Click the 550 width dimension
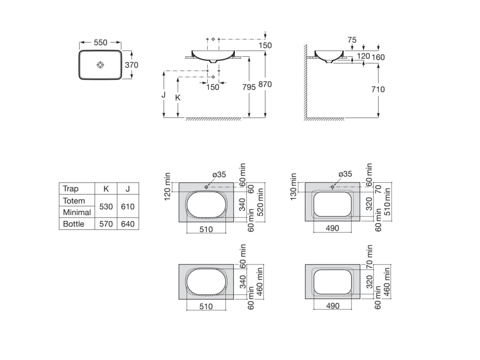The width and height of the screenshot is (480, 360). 100,43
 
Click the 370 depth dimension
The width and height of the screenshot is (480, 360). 132,65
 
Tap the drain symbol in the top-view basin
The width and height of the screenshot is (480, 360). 100,65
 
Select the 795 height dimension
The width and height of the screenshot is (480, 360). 249,87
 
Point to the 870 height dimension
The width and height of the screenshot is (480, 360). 265,84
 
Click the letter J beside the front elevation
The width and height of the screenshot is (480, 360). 164,95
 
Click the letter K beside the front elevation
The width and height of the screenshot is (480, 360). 178,97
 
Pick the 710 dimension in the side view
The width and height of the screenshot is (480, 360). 378,90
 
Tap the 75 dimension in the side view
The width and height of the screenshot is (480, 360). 352,40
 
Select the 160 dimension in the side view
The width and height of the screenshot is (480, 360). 378,57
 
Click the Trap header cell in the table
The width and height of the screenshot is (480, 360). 71,188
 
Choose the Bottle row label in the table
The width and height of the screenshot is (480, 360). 74,224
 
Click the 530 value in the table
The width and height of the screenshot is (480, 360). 106,207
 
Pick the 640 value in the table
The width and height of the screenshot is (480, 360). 127,224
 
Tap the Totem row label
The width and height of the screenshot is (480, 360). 74,201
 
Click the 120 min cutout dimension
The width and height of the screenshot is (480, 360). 167,187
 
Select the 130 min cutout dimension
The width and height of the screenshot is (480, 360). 293,187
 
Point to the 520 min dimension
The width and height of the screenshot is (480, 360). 261,202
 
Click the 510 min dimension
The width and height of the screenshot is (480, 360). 387,202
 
